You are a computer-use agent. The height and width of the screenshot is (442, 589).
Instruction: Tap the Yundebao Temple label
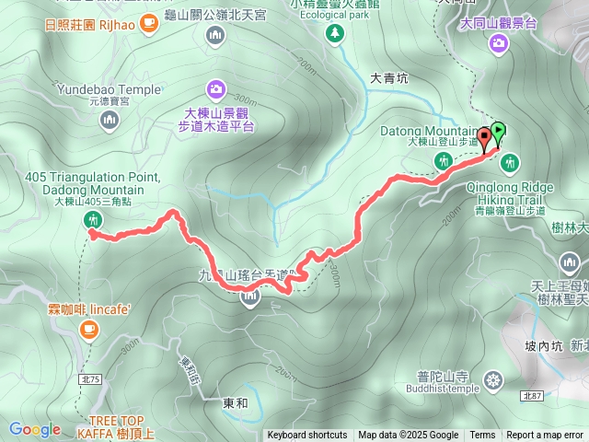(x=107, y=89)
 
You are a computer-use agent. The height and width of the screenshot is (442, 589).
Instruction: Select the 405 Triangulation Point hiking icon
(x=92, y=219)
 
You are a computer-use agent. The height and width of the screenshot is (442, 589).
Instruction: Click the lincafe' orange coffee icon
(x=89, y=328)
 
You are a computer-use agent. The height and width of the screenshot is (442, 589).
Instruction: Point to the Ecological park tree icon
(x=334, y=33)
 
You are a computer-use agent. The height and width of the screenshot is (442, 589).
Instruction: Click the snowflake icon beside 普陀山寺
(x=495, y=379)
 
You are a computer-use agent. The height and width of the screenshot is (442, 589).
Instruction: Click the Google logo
(x=35, y=428)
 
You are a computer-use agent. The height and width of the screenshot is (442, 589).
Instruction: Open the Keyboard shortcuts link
(x=306, y=436)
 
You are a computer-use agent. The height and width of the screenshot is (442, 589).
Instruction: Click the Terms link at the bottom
(x=482, y=436)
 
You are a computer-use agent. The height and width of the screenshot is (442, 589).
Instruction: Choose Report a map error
(x=546, y=436)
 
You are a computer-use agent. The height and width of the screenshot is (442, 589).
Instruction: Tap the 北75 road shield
(x=89, y=353)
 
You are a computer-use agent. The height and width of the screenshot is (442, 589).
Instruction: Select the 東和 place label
(x=236, y=402)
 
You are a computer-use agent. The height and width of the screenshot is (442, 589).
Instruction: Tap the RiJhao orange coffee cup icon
(x=150, y=24)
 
